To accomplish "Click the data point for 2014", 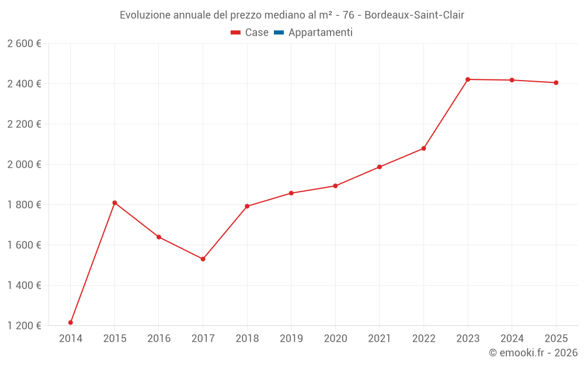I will (71, 322).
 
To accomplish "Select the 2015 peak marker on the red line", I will (114, 203).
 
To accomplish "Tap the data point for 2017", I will (203, 259).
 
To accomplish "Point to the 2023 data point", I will (468, 79).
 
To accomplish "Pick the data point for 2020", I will (335, 186).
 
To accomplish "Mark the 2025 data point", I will (556, 82).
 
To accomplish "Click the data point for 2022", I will (423, 148).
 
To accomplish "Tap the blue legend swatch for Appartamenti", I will (279, 33).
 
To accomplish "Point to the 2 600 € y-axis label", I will (24, 44).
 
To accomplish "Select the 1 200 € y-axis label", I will (24, 326).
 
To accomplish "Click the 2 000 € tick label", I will (24, 165).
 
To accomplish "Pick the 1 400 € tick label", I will (24, 286).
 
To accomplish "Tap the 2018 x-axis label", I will (247, 339).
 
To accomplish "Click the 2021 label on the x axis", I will (380, 339).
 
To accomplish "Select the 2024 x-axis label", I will (512, 339).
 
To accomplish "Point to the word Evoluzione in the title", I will (145, 15).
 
